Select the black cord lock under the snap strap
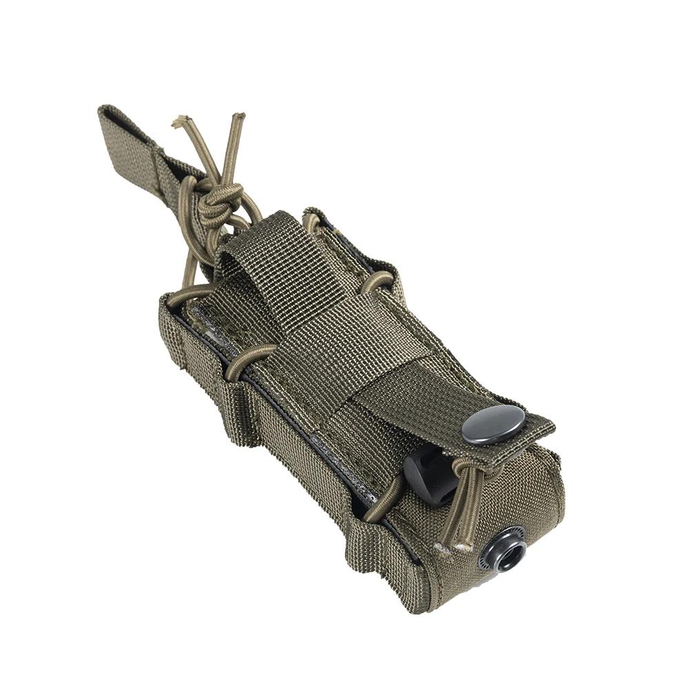pyautogui.click(x=427, y=475)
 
